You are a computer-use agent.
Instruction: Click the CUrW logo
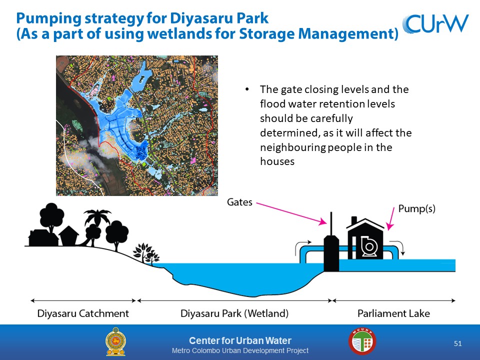[x=435, y=23]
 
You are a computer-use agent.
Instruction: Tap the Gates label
[x=239, y=202]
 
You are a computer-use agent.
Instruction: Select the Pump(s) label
[x=416, y=209]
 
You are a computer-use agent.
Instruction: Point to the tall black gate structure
[x=331, y=245]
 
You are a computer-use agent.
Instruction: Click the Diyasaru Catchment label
[x=83, y=313]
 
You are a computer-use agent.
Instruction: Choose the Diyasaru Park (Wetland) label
[x=234, y=313]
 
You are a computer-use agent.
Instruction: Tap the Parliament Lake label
[x=393, y=313]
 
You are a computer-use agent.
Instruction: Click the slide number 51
[x=457, y=343]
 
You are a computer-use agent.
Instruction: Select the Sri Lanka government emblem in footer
[x=115, y=341]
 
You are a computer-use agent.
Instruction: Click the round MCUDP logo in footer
[x=362, y=341]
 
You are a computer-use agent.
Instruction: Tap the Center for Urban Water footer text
[x=240, y=340]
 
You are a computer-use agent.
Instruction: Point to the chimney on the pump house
[x=354, y=220]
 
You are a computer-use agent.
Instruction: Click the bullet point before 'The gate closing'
[x=247, y=89]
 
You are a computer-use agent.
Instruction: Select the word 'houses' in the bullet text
[x=277, y=161]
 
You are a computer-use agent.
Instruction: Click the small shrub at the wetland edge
[x=146, y=252]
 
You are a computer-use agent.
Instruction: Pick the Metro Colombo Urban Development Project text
[x=240, y=350]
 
